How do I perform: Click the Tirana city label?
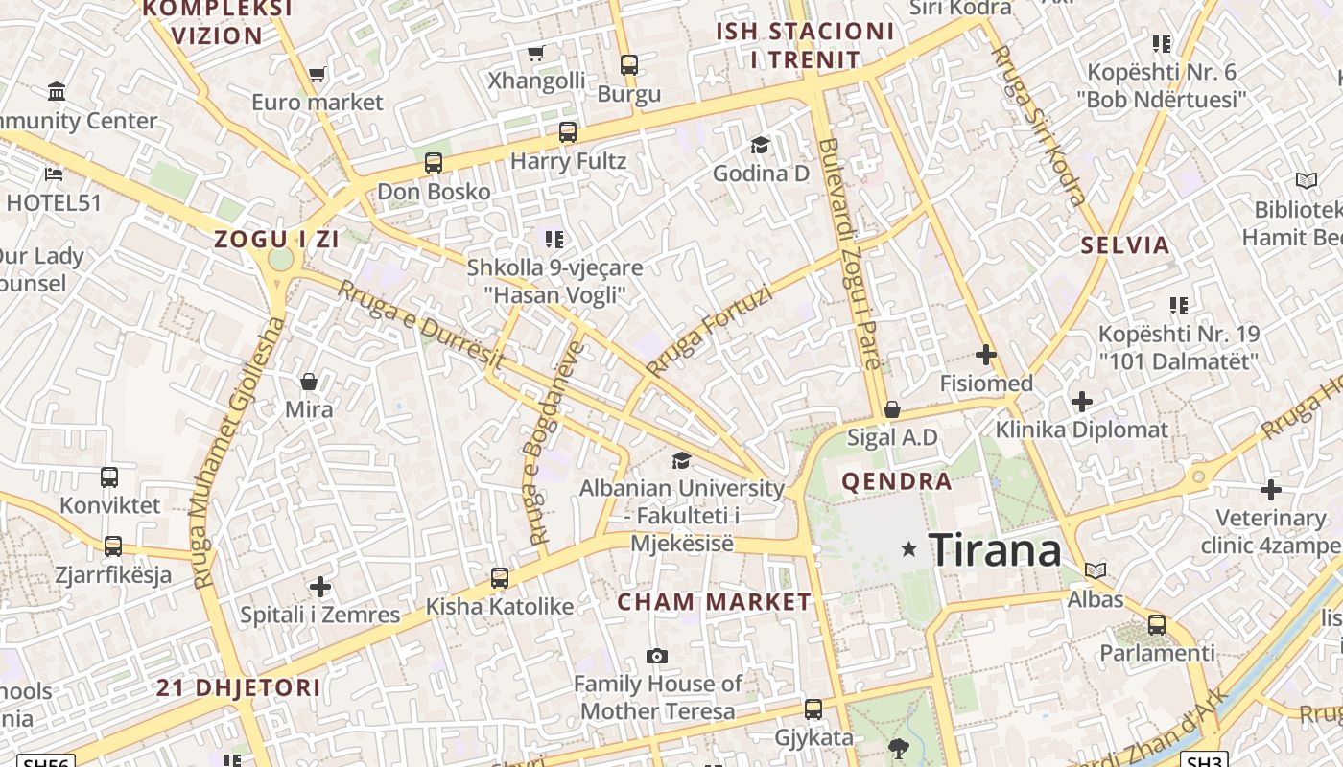(996, 550)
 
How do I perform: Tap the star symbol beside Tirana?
(909, 549)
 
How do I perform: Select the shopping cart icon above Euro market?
(318, 74)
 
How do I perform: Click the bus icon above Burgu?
(629, 65)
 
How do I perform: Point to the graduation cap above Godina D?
(760, 145)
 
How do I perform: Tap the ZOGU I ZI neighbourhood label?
(276, 240)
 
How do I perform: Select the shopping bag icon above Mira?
(309, 382)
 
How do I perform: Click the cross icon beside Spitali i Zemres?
(320, 586)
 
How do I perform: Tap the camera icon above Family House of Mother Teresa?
(657, 656)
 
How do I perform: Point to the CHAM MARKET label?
(714, 602)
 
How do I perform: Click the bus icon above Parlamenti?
(1157, 624)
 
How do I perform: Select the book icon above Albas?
(1096, 570)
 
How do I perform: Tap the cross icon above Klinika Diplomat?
(1082, 401)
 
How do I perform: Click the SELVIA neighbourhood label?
(1125, 244)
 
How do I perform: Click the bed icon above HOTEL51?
(54, 174)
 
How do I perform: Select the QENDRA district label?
(897, 481)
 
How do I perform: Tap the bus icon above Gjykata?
(813, 709)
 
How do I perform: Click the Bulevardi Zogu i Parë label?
(850, 254)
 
